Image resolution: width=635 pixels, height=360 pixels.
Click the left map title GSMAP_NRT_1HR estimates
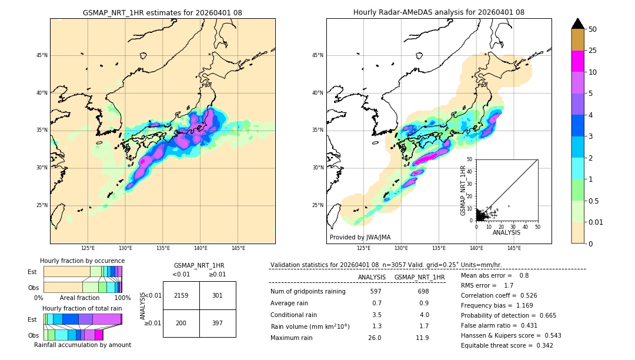pos(162,12)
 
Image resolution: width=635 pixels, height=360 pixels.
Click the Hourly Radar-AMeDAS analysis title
pos(439,12)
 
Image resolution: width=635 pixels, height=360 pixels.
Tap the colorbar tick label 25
pos(593,51)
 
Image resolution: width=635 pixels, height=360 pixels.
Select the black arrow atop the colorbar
pos(578,24)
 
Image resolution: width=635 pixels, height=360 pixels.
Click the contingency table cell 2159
pos(181,295)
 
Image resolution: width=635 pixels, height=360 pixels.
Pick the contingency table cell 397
pos(218,323)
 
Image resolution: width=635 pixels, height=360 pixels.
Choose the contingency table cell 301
pos(218,295)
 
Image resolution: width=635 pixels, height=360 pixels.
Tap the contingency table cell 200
pos(181,323)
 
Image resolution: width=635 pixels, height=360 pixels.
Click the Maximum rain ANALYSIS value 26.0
pos(375,338)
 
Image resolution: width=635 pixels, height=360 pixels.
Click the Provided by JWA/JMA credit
pos(360,237)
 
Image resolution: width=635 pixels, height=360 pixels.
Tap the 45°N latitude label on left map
pos(42,55)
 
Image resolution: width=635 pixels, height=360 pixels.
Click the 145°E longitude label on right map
pos(514,248)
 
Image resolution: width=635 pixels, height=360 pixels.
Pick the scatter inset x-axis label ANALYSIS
pos(506,232)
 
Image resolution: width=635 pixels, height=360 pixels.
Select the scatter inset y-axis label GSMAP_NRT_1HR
pos(463,190)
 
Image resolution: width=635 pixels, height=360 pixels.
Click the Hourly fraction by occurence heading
pos(82,261)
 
